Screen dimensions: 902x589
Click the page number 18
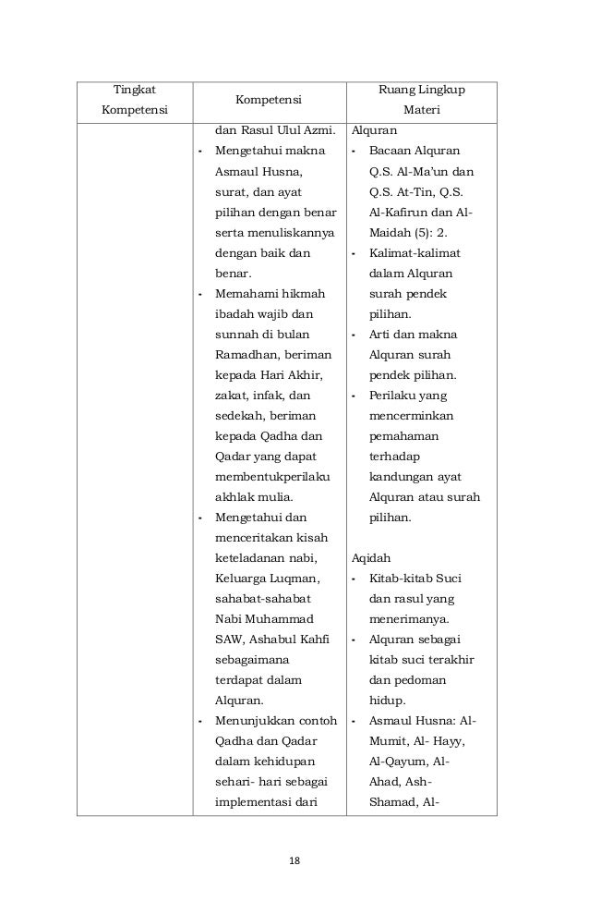(294, 860)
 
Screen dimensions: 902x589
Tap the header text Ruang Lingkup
(422, 90)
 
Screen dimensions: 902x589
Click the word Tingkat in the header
(135, 90)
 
